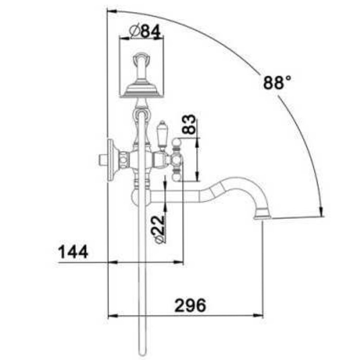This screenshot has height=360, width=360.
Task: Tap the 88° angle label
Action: coord(277,82)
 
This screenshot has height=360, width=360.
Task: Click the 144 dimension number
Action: coord(73,252)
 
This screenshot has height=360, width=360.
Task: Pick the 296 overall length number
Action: coord(190,306)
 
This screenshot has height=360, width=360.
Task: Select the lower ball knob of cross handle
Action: coord(177,177)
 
